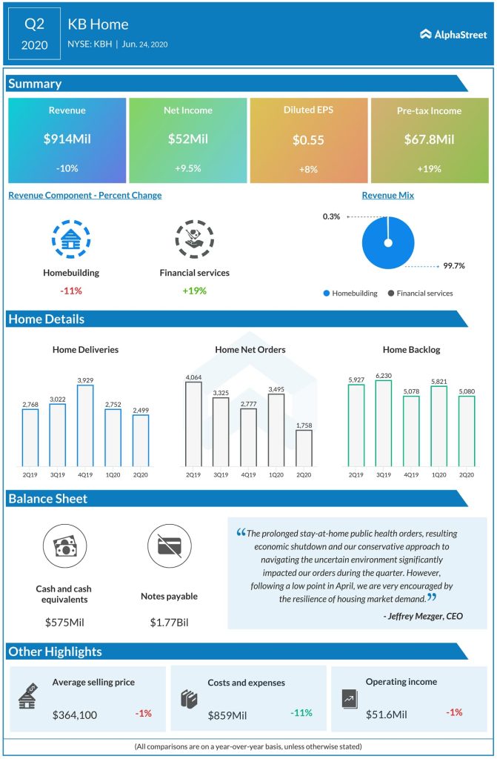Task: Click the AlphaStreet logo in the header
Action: pos(453,33)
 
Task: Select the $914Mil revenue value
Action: pos(67,139)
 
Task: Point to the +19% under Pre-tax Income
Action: pos(430,169)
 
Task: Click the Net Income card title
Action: pos(187,110)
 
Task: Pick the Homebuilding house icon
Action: pos(71,239)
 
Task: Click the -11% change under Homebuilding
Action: pos(71,291)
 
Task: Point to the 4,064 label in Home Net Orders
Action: pos(194,377)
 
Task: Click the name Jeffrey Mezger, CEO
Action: pos(423,615)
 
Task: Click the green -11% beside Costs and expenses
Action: pos(300,713)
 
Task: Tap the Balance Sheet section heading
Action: pos(48,499)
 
